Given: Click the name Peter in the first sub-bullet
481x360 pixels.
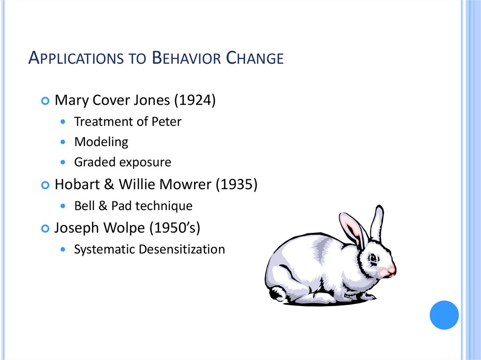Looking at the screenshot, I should [x=166, y=122].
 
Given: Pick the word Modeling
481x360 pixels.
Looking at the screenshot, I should [x=101, y=142].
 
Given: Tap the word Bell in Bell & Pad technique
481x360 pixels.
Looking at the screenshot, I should [x=83, y=206].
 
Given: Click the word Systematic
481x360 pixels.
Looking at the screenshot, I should [x=104, y=249].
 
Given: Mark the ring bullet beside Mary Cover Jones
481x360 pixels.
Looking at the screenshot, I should [x=45, y=101].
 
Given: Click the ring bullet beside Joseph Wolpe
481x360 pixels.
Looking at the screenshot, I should [x=45, y=228].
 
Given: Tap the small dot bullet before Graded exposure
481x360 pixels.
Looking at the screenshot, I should [x=64, y=162].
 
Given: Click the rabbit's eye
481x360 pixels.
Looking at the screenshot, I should [x=372, y=258].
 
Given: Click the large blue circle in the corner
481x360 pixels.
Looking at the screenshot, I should [x=444, y=315].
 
